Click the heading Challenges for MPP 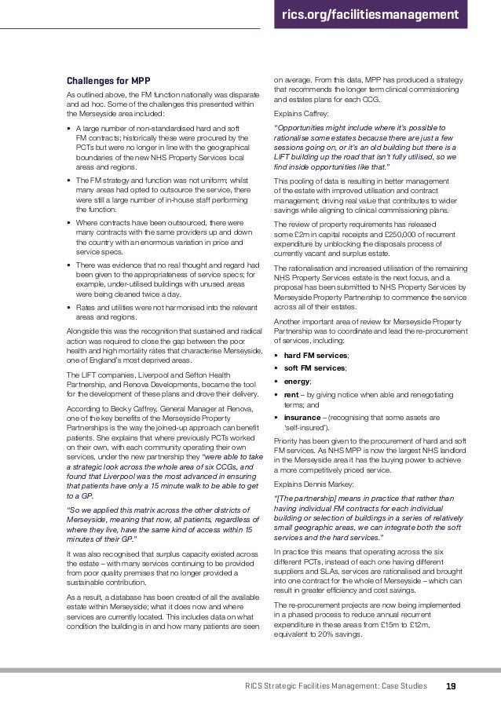[108, 81]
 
